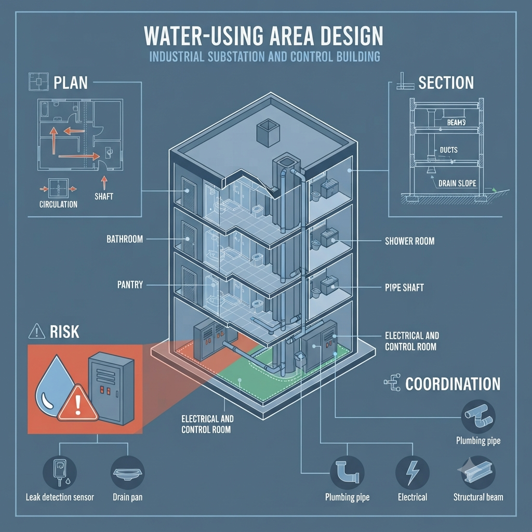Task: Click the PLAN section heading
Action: (x=71, y=83)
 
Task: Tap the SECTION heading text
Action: (x=446, y=83)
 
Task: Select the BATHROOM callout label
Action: (x=125, y=239)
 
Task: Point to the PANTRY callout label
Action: (x=130, y=284)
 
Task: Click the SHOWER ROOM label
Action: (x=409, y=241)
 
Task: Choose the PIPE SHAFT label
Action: (x=404, y=288)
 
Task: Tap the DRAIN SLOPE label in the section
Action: (x=457, y=183)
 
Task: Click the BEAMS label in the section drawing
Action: (x=456, y=122)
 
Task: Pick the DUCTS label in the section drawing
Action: (x=448, y=150)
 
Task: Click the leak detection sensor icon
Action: (x=60, y=472)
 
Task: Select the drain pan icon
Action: (x=128, y=473)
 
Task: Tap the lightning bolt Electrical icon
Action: (x=412, y=473)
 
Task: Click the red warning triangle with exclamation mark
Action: (x=78, y=403)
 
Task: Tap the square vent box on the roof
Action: (x=268, y=132)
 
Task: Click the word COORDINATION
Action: (x=453, y=384)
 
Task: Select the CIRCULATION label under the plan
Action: (x=58, y=204)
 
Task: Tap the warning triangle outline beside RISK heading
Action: (x=37, y=331)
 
